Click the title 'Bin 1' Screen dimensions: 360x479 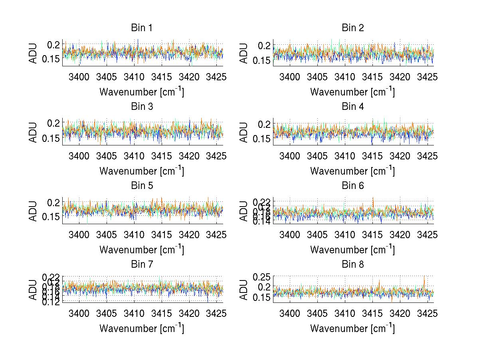(141, 28)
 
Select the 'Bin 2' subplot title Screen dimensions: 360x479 (352, 28)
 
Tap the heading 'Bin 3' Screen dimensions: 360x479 (141, 107)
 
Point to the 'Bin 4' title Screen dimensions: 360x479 (352, 107)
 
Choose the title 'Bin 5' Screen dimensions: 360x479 (141, 186)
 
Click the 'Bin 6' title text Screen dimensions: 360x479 (352, 186)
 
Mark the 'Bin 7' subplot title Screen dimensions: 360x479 (141, 265)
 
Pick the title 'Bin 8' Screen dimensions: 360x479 (352, 265)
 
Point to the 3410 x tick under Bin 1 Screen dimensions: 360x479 (134, 77)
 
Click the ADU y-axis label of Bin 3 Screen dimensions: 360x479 (33, 132)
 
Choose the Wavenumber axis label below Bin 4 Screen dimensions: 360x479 (352, 171)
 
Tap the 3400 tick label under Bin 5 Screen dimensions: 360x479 (79, 235)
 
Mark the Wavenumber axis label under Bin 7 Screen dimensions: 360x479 (141, 328)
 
